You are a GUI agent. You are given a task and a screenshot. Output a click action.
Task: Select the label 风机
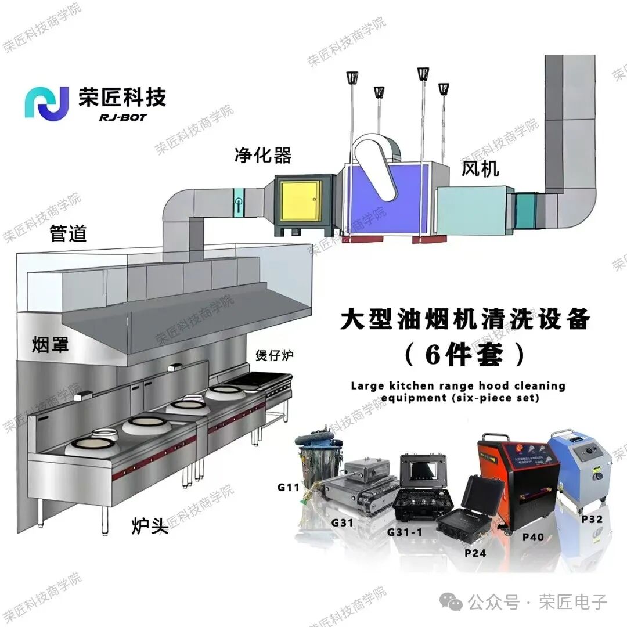tap(481, 169)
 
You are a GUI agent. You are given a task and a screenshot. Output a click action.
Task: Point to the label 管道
tap(69, 233)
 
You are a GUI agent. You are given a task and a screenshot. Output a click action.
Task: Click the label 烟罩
tap(50, 346)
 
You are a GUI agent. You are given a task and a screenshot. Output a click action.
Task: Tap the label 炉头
tap(150, 527)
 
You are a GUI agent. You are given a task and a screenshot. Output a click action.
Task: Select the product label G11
tap(288, 487)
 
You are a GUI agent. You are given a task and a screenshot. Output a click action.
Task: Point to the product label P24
tap(475, 553)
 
